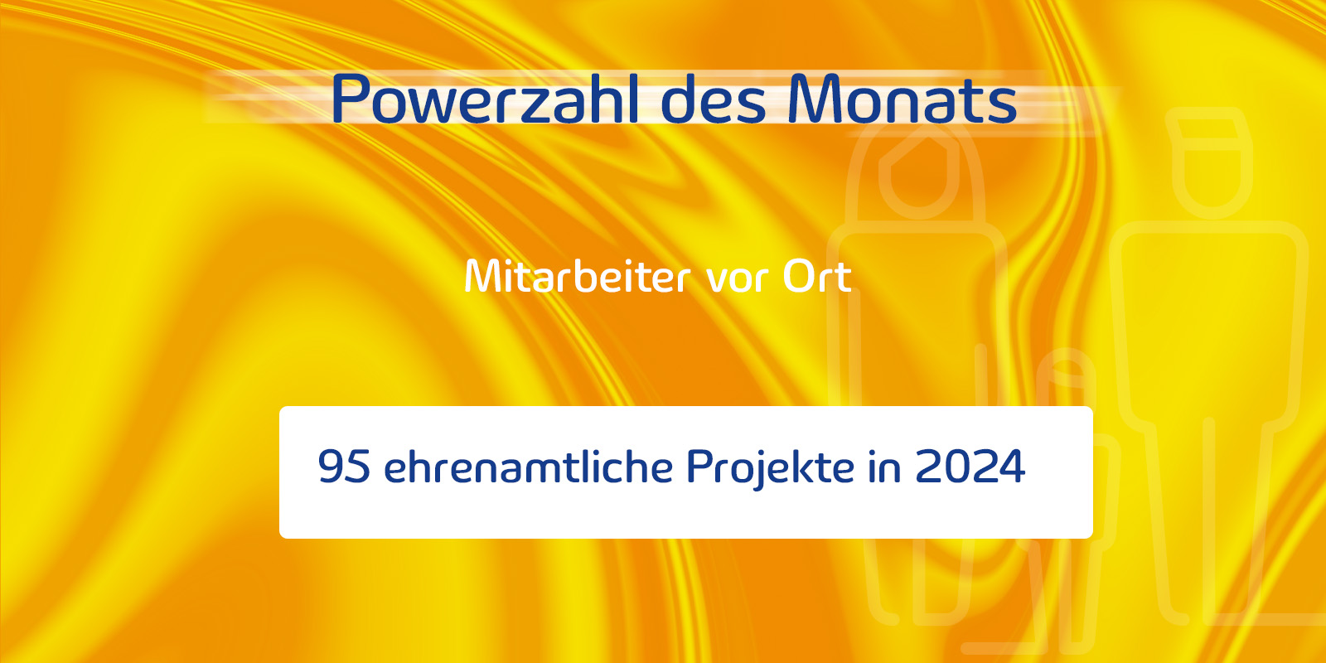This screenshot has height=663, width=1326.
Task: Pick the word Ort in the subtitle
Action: [817, 277]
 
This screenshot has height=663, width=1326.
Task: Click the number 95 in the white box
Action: [344, 466]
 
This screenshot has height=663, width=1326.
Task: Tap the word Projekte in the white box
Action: [770, 467]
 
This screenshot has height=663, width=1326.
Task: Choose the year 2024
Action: [970, 466]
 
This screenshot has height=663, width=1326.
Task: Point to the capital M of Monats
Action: [813, 99]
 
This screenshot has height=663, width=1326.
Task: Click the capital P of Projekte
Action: [699, 466]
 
